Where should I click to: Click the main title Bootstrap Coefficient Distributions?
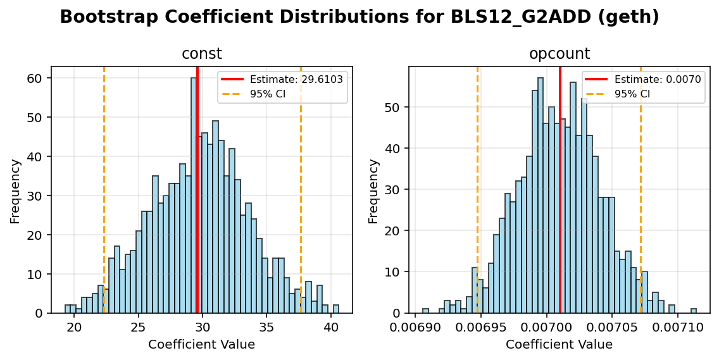[359, 17]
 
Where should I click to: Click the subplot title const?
[201, 54]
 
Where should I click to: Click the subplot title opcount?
[559, 54]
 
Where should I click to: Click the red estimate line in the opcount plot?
[560, 190]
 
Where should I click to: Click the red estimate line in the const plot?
[197, 190]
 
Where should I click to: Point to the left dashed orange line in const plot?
[104, 190]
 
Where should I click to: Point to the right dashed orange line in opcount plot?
[641, 190]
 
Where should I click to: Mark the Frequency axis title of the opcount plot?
[373, 190]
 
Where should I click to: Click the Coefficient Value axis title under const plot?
[201, 345]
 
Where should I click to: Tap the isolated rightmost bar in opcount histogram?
[694, 311]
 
